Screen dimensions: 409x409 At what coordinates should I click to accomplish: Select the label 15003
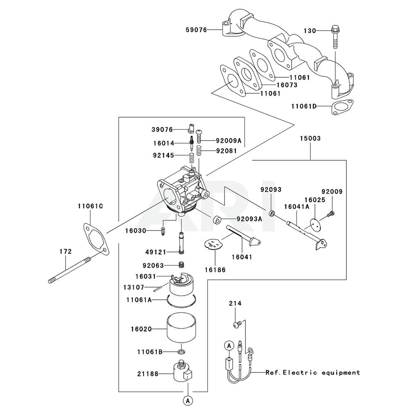(x=310, y=139)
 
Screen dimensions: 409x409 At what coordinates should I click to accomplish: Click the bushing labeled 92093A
(x=217, y=221)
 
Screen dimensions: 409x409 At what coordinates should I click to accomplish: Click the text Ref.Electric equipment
(x=313, y=373)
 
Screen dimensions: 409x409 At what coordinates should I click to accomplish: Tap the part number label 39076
(x=162, y=129)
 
